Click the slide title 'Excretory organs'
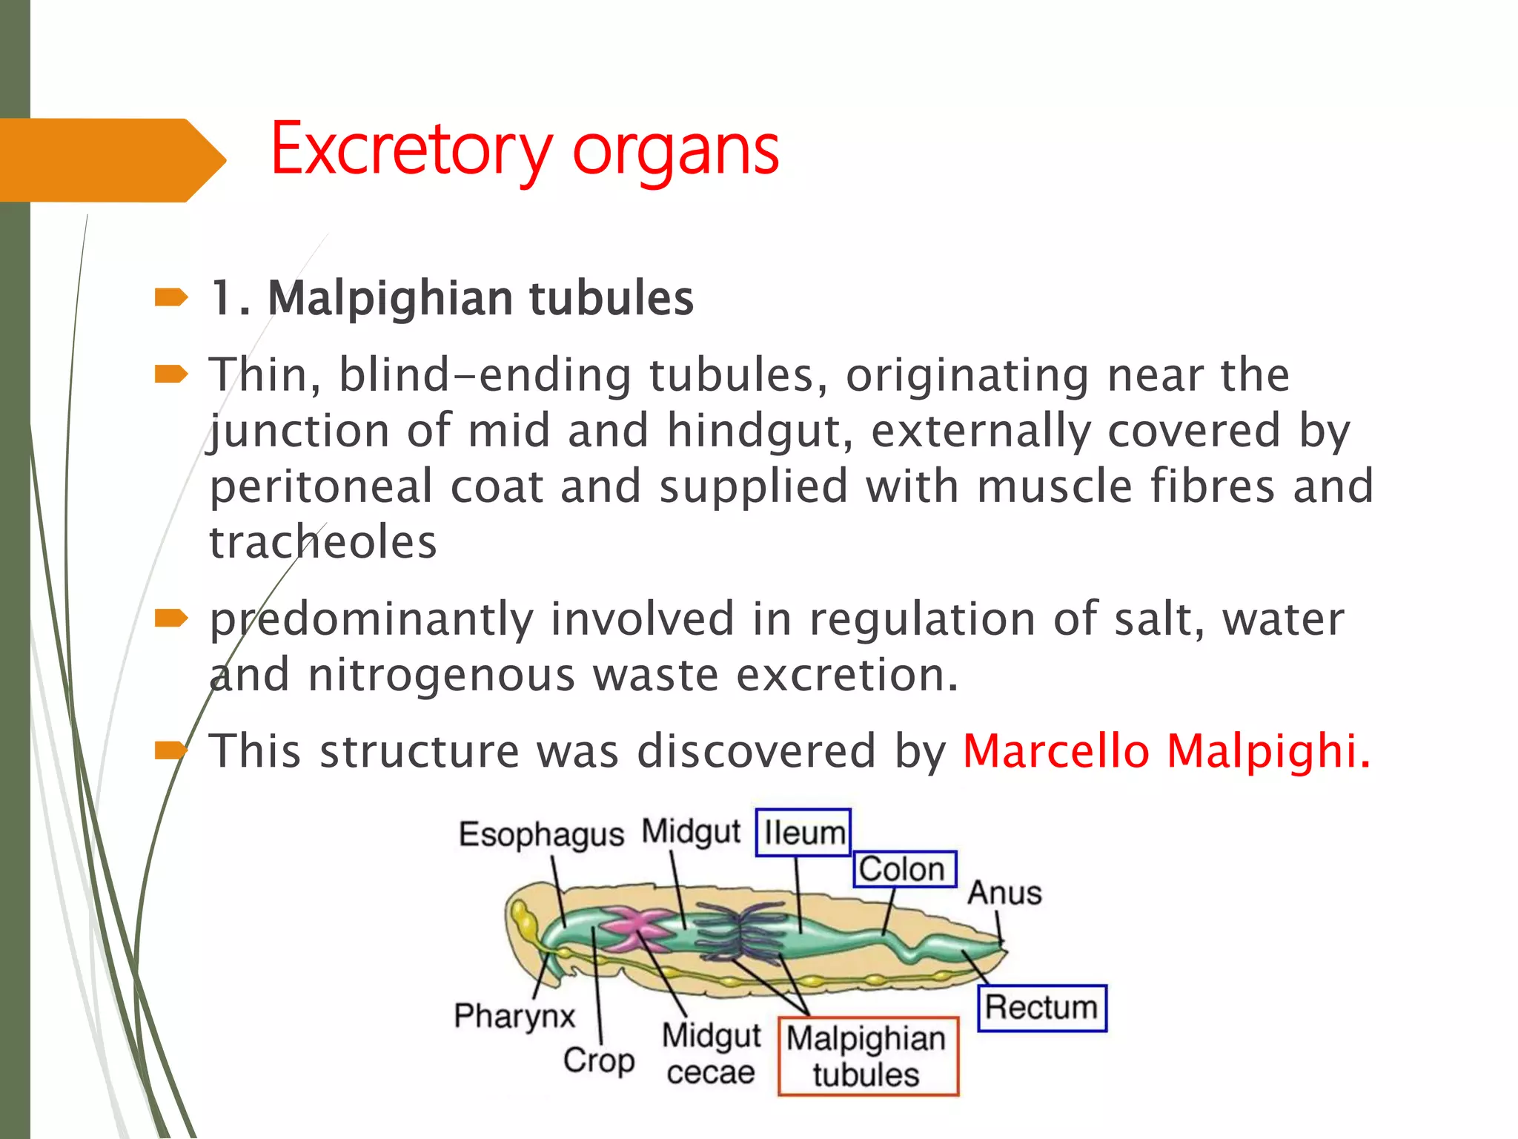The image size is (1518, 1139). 525,151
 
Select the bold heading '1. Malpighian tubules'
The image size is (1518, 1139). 452,298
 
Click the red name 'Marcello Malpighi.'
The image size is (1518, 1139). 1167,750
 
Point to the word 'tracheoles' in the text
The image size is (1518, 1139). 323,542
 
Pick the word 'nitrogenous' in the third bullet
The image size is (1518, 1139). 441,675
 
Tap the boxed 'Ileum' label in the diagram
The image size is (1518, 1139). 803,833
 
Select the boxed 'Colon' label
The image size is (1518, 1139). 904,869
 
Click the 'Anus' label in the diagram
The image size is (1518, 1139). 1004,893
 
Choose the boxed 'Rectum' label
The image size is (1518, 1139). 1041,1008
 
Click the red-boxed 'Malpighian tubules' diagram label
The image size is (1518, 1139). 867,1056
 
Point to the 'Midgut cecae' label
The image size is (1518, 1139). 711,1054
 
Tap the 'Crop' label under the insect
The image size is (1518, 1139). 598,1060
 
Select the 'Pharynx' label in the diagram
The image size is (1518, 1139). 514,1015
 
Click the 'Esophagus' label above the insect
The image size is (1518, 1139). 541,834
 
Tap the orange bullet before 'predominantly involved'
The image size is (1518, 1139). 171,618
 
